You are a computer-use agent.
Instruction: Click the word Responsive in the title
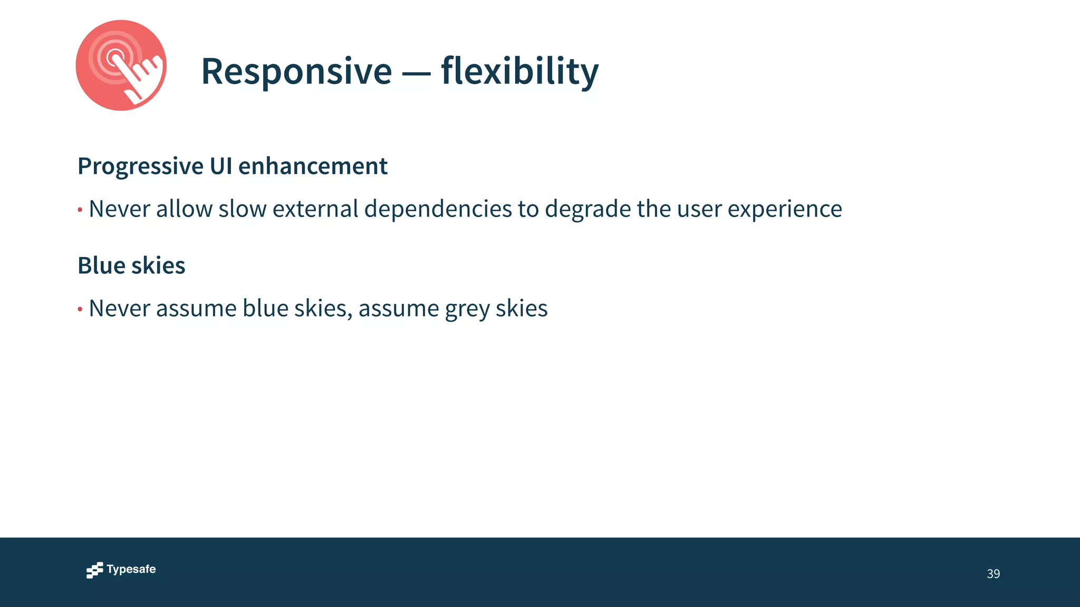296,71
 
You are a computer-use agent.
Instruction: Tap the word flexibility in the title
520,71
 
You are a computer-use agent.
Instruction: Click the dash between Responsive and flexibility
416,73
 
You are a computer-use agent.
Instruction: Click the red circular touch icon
121,65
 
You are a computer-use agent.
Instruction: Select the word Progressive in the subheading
140,167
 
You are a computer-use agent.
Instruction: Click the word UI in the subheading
221,166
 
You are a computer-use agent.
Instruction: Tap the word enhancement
313,166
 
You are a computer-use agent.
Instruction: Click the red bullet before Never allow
80,210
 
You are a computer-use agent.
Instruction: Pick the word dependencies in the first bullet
438,209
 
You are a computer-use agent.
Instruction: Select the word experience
785,209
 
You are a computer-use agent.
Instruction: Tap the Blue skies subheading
131,266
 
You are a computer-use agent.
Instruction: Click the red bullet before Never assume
80,309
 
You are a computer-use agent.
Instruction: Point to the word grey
467,309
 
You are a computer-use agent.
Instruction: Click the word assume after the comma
399,309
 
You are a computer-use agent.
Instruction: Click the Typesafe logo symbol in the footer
95,570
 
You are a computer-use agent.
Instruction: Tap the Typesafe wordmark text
131,570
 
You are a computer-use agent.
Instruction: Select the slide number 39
993,574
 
